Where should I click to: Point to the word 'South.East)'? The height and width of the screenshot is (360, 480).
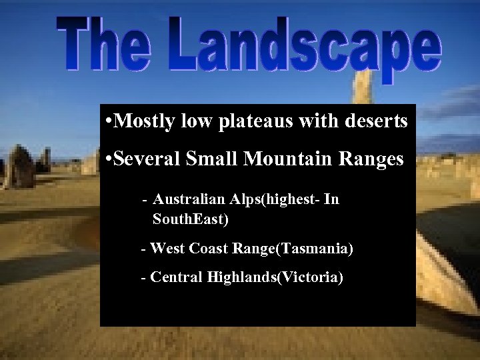(191, 218)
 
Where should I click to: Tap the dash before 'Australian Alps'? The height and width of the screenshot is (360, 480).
(145, 200)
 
